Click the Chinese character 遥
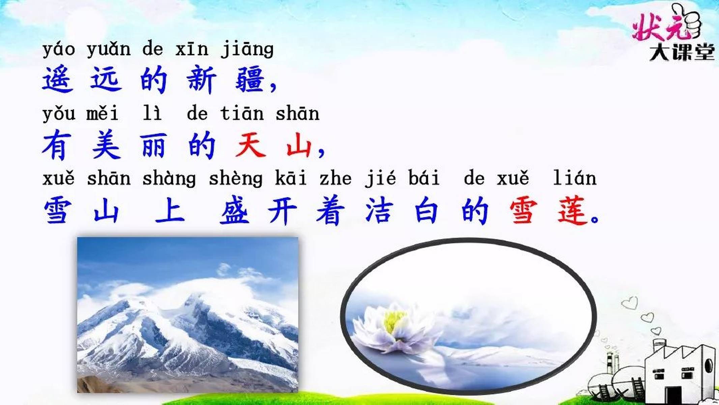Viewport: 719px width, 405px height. click(x=58, y=80)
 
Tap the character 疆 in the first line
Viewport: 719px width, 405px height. click(x=250, y=80)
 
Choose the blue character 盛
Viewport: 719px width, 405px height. click(x=235, y=211)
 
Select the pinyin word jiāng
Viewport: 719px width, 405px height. click(x=247, y=50)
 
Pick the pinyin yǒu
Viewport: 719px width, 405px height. click(x=59, y=113)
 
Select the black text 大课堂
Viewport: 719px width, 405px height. click(x=682, y=52)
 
